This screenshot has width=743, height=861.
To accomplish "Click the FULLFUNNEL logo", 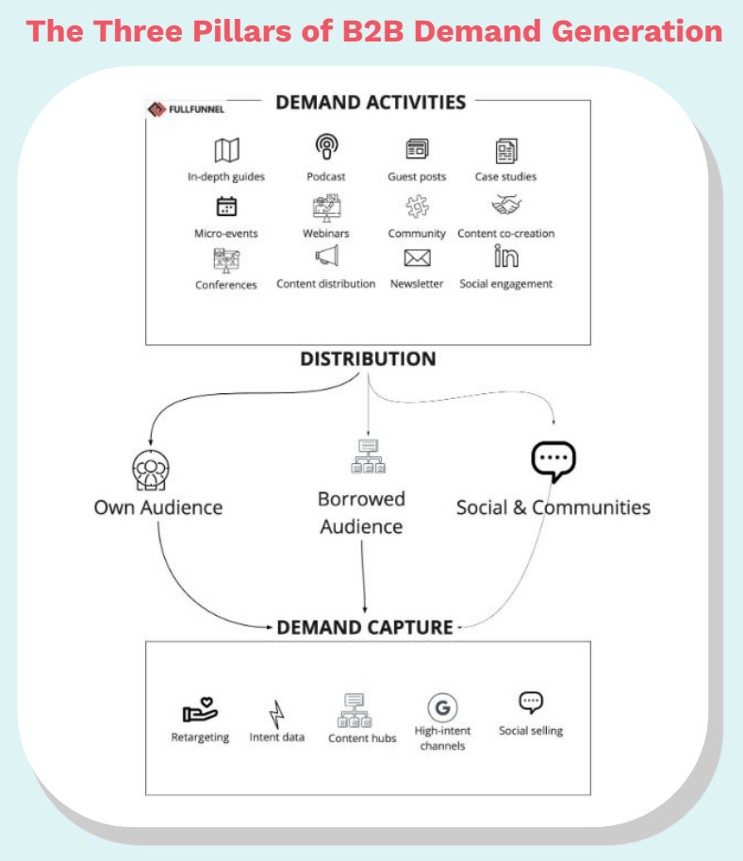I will [186, 108].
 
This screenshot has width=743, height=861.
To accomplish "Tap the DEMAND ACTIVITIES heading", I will [371, 102].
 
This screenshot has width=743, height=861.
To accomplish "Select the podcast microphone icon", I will [326, 148].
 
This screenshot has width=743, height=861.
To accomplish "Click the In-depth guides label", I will [226, 176].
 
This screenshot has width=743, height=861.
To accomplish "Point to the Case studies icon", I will [506, 150].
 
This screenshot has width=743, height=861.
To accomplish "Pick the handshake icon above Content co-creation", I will [506, 205].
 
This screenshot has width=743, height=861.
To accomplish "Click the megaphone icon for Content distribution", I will [326, 257].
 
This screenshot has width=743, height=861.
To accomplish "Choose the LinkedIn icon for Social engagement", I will [506, 257].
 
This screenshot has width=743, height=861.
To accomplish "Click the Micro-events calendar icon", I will [226, 207].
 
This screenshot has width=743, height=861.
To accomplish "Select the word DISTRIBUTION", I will [368, 359].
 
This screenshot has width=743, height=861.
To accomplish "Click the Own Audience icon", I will [149, 469].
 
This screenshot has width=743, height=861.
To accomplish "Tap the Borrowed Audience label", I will [361, 512].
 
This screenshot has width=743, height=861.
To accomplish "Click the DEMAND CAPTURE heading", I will [365, 627].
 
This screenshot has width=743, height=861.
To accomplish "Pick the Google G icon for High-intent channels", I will [441, 707].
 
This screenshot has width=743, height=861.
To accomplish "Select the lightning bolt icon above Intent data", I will [277, 713].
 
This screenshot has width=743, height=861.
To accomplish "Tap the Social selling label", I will [531, 731].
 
